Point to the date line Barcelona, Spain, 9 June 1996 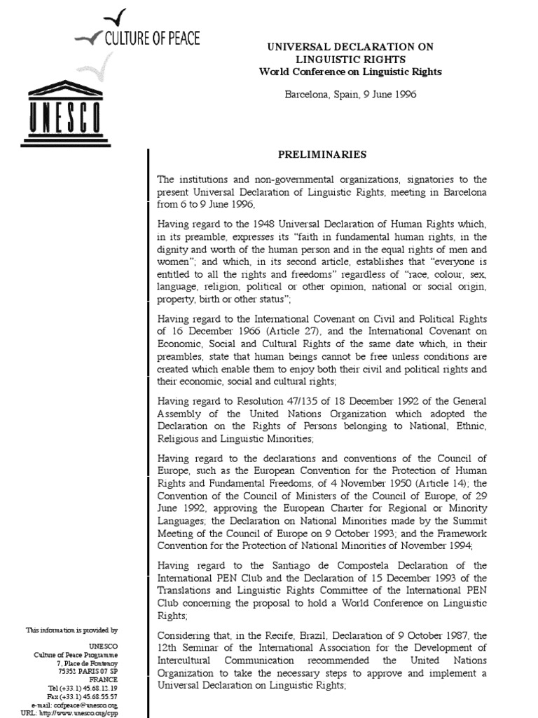[350, 94]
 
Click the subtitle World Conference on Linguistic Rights [350, 72]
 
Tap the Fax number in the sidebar [97, 696]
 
